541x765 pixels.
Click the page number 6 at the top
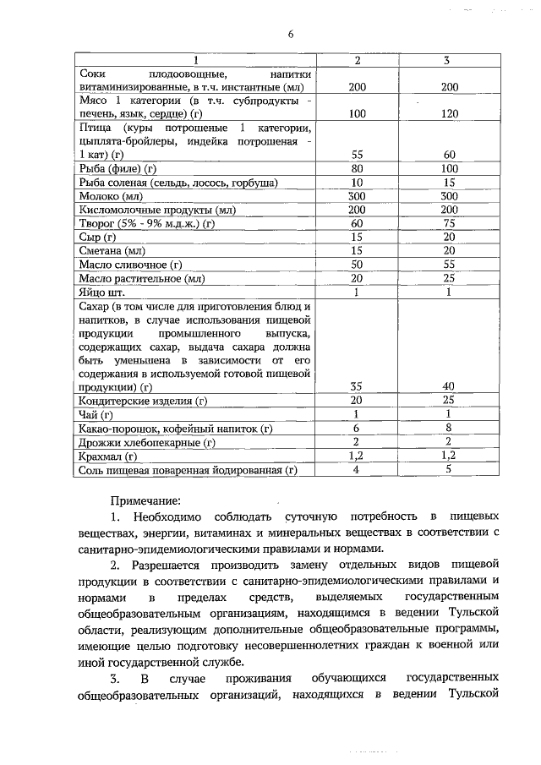pyautogui.click(x=290, y=34)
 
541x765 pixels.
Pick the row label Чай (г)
pyautogui.click(x=95, y=414)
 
